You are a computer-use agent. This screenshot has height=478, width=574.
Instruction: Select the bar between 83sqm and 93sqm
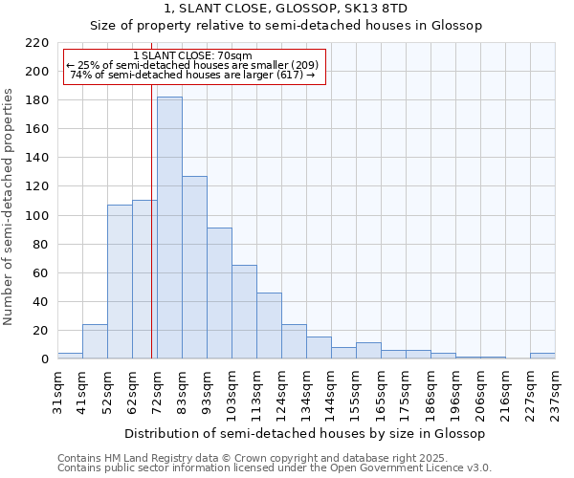tap(194, 268)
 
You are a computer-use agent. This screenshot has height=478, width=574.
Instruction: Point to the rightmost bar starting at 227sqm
tap(542, 356)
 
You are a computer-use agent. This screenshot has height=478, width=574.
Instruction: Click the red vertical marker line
tap(151, 239)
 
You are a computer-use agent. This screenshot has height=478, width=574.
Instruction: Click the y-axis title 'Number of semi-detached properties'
tap(10, 206)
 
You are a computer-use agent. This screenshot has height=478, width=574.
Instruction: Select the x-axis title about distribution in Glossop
tap(304, 433)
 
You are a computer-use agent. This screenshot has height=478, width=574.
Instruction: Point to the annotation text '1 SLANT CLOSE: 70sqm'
tap(193, 55)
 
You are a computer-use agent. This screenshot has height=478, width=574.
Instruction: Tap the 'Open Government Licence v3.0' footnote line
tap(275, 468)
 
